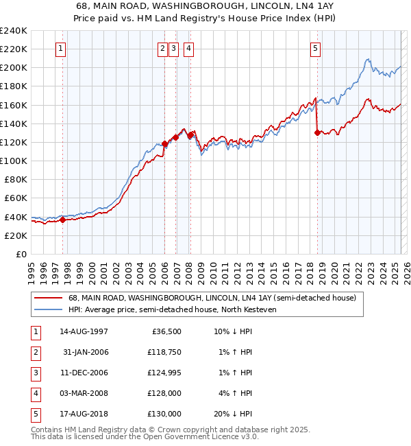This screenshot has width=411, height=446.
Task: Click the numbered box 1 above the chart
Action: coord(62,49)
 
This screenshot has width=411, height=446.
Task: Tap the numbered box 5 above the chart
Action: coord(315,49)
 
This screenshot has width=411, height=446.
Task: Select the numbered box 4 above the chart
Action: coord(188,49)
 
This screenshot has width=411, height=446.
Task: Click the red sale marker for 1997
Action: coord(62,220)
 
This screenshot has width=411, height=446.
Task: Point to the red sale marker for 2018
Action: coord(317,133)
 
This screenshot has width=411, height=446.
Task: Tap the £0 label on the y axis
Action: coord(21,254)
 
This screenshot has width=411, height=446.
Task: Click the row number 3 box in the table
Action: coord(34,373)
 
